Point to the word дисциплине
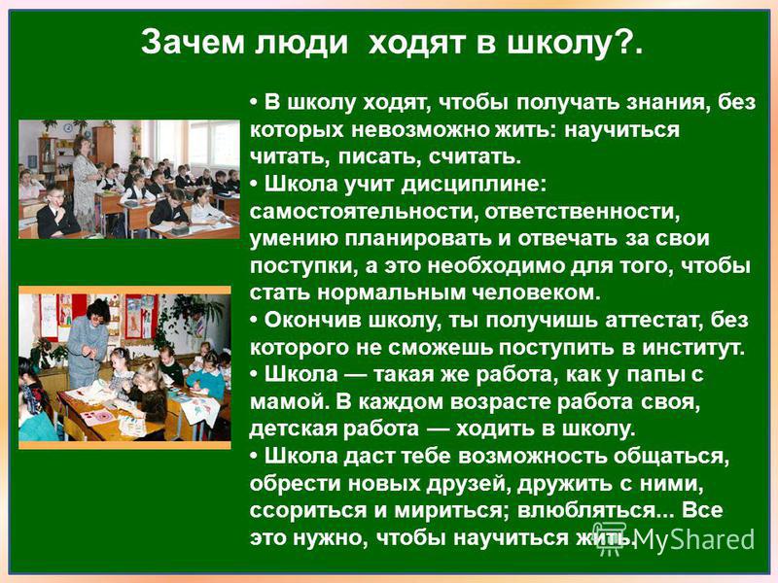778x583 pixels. [474, 185]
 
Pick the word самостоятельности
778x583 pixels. [362, 212]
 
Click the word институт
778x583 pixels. [693, 348]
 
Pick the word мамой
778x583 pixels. [290, 402]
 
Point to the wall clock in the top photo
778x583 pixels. [67, 129]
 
